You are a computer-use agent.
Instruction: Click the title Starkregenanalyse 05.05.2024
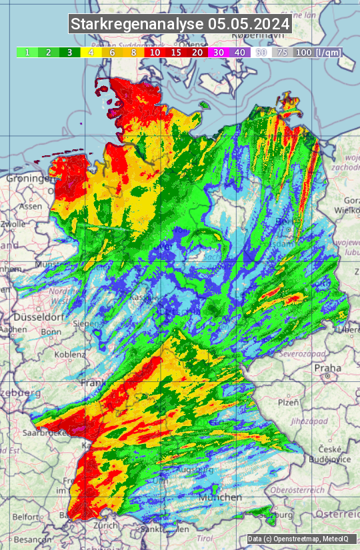[180, 24]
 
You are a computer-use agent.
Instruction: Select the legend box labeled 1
[27, 52]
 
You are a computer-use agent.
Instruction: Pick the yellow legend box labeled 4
[91, 52]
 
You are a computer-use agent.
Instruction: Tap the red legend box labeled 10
[155, 52]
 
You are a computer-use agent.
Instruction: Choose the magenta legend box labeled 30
[219, 52]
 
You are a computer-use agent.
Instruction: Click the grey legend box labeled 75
[283, 52]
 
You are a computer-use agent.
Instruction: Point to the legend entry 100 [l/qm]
[317, 52]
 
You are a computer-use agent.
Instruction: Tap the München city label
[223, 497]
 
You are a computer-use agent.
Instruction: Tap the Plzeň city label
[287, 402]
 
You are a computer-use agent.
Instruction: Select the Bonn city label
[51, 331]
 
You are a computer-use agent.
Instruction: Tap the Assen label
[31, 207]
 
